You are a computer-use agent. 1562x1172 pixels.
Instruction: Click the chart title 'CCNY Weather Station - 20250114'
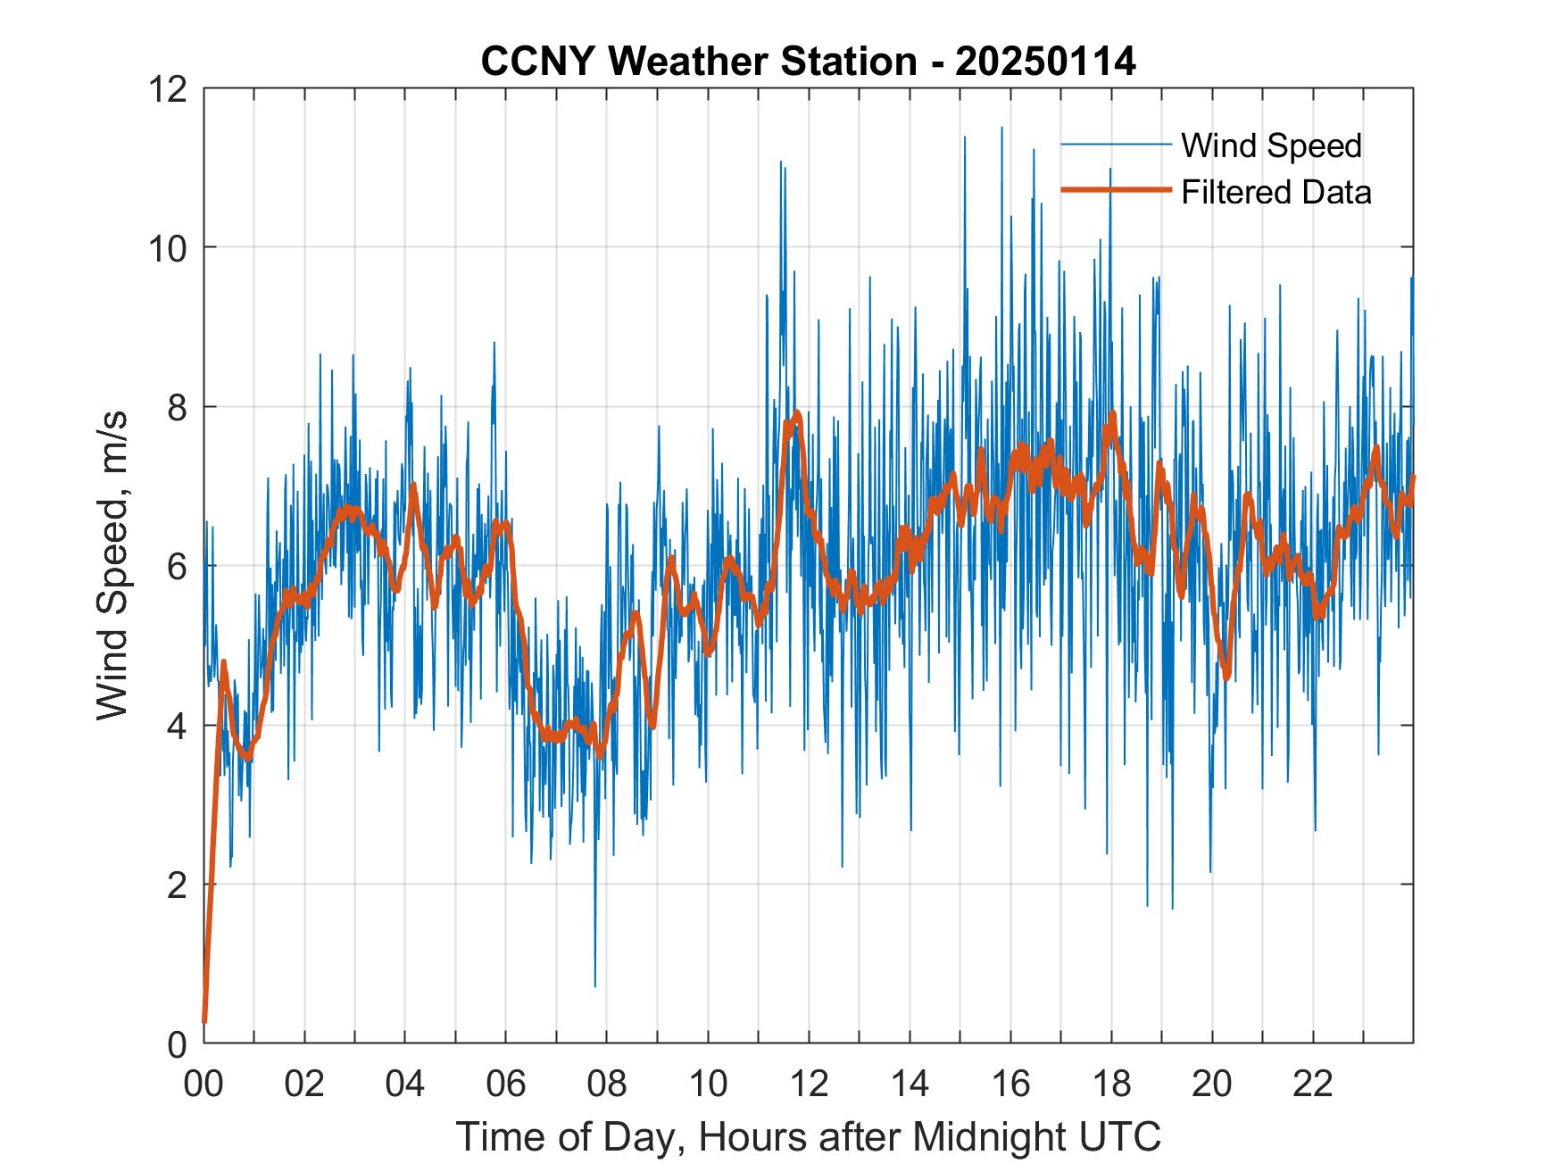pos(808,62)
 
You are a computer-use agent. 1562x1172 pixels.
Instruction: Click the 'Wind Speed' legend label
pos(1271,145)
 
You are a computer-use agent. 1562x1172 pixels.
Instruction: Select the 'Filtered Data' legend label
pos(1275,192)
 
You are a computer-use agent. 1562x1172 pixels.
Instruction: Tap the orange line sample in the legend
pos(1116,190)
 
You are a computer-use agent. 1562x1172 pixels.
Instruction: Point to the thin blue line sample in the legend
pos(1116,145)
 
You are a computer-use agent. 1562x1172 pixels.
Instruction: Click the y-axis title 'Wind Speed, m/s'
pos(112,565)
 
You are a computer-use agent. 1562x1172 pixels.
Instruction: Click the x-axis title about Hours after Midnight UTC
pos(809,1137)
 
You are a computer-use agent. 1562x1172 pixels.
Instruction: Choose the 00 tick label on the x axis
pos(204,1084)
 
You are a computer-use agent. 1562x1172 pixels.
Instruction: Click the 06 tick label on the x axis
pos(506,1084)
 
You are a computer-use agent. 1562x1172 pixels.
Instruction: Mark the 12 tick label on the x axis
pos(809,1084)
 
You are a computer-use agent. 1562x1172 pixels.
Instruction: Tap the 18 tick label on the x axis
pos(1111,1084)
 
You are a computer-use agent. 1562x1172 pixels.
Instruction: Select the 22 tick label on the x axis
pos(1313,1084)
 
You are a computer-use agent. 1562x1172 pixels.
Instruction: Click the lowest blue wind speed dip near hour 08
pos(595,985)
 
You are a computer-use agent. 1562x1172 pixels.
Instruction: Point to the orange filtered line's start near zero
pos(205,1020)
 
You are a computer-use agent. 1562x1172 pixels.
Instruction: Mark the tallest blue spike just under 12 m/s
pos(1001,129)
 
